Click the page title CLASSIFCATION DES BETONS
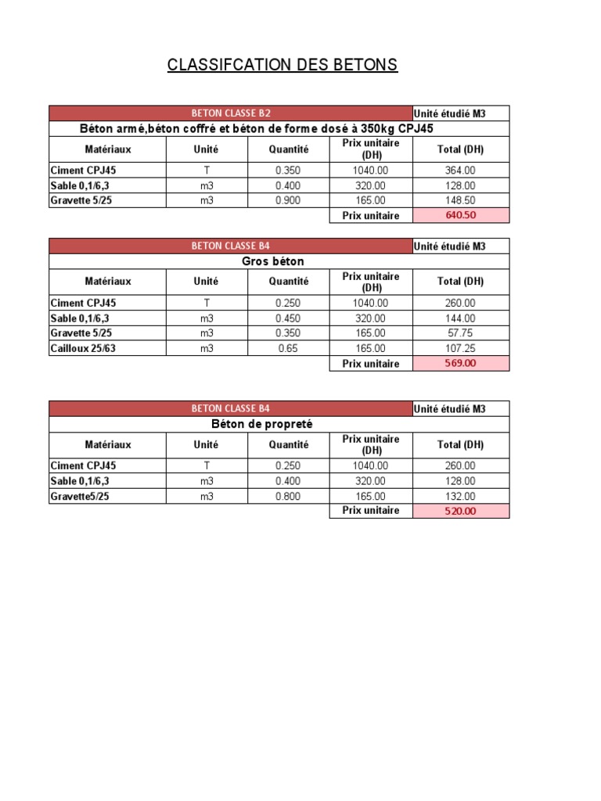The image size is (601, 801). (283, 65)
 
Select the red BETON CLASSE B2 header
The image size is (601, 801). (231, 113)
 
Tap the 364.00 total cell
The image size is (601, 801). (460, 171)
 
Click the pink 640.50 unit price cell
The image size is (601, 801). (460, 216)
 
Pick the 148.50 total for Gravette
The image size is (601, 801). (460, 201)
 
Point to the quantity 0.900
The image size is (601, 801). (288, 201)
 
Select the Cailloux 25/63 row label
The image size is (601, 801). (83, 349)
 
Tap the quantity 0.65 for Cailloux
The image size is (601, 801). (288, 349)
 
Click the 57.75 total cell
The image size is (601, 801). (460, 333)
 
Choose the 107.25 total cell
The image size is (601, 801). (460, 349)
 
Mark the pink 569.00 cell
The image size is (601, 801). (460, 364)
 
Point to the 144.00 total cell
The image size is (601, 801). (460, 318)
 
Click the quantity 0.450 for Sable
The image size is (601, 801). (288, 318)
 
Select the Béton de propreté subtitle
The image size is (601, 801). (262, 424)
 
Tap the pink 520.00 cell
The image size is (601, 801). (460, 511)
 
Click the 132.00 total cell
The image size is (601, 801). (460, 496)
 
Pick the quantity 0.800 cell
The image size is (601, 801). (288, 496)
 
